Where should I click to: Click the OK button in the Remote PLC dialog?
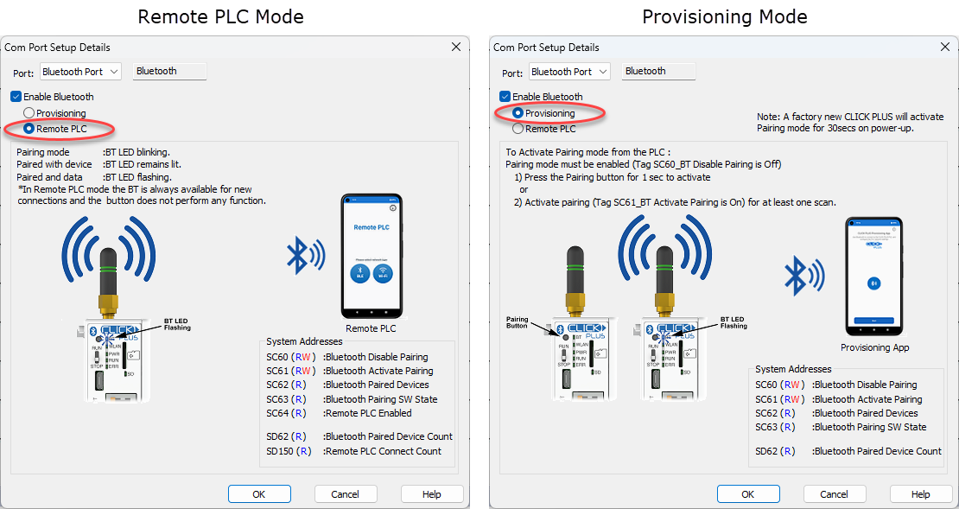(258, 494)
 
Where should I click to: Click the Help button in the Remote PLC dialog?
(431, 494)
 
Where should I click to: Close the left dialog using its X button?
(455, 48)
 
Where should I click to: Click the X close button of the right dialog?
(944, 48)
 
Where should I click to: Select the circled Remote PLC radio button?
(29, 129)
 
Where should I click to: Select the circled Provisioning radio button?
(518, 113)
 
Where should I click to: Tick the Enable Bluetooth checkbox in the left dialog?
(16, 97)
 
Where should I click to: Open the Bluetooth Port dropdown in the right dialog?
(569, 72)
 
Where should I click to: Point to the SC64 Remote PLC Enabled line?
(349, 413)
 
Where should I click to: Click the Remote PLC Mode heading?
(220, 16)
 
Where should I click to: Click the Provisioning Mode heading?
(724, 16)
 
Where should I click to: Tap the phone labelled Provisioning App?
(873, 277)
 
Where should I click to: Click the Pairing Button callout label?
(517, 322)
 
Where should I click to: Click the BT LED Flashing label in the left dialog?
(177, 324)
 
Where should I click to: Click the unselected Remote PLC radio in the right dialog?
(518, 129)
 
